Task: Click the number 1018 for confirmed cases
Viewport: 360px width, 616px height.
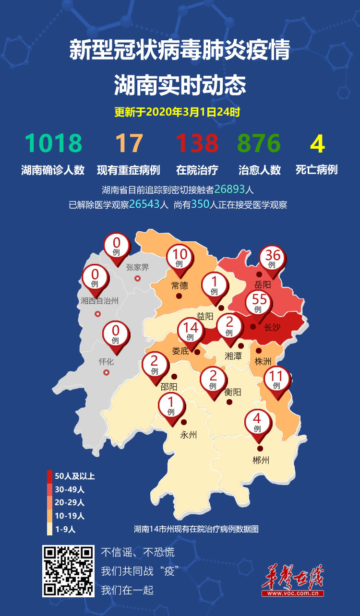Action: [53, 143]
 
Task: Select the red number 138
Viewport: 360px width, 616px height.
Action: [197, 143]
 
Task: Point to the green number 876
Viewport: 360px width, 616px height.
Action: [259, 143]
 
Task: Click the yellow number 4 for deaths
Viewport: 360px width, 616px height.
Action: [317, 143]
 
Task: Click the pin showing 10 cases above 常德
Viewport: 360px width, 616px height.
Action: [179, 259]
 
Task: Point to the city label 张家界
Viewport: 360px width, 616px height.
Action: [138, 268]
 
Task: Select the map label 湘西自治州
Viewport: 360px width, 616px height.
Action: [99, 301]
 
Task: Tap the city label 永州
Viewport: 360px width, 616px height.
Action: [189, 435]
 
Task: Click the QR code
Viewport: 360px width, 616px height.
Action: [68, 570]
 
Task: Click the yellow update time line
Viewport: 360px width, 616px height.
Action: [177, 113]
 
